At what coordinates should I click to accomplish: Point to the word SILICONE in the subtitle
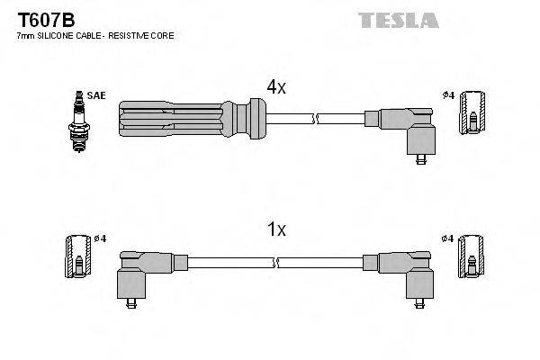(59, 36)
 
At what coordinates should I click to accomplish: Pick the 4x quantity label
(275, 87)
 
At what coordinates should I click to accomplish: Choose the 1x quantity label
(275, 229)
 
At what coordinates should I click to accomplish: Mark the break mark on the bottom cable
(278, 263)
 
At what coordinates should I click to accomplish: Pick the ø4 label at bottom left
(100, 238)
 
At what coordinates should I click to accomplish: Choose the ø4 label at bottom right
(447, 238)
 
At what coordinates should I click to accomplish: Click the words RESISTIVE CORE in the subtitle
(144, 36)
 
